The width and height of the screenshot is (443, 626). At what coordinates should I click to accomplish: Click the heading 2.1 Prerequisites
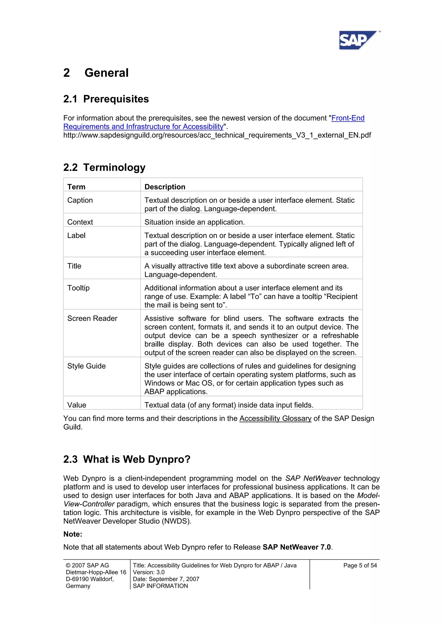[106, 99]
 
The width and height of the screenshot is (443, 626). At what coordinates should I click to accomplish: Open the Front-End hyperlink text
[348, 118]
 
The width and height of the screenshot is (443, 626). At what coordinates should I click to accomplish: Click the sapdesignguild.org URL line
[217, 135]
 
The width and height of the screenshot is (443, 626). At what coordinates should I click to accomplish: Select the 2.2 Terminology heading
[104, 167]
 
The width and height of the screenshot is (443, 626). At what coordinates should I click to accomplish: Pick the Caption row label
[80, 200]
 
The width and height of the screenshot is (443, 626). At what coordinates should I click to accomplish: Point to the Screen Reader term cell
[92, 319]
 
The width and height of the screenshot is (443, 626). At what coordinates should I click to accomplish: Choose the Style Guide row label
[87, 366]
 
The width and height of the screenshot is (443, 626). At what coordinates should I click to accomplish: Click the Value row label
[77, 405]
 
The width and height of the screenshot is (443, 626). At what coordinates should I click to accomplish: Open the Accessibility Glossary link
[275, 419]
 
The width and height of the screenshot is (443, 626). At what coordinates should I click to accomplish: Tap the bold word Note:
[73, 534]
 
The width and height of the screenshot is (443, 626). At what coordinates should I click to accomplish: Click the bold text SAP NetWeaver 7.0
[297, 547]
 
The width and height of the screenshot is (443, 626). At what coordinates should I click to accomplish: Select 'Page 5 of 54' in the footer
[360, 565]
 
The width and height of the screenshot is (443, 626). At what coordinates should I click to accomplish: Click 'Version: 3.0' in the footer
[149, 572]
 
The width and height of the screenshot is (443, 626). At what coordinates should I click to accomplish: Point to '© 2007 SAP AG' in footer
[87, 565]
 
